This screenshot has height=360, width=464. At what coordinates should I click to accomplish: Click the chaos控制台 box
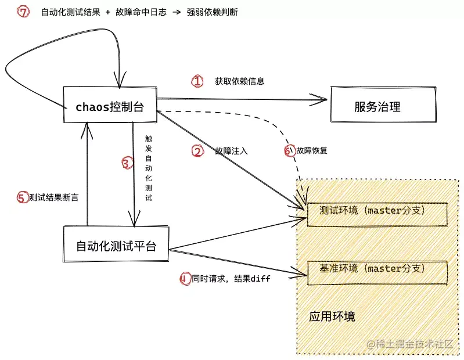coord(109,106)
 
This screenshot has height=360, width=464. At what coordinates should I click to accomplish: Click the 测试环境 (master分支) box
coord(376,213)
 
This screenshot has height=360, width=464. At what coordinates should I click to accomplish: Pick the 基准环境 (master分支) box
coord(376,269)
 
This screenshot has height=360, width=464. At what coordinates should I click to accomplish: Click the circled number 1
coord(197,81)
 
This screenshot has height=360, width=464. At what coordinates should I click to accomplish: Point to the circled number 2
coord(197,151)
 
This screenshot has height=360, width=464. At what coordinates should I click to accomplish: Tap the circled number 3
coord(127,164)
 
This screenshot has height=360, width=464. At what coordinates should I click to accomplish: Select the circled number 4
coord(185,279)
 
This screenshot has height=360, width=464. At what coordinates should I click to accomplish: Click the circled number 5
coord(22,197)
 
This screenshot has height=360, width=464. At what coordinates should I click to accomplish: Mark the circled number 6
coord(289,151)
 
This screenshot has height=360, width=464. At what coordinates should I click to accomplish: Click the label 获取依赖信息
coord(239,81)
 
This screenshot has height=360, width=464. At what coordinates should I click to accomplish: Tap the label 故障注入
coord(231,151)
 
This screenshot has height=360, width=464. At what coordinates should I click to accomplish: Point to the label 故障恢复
coord(312,151)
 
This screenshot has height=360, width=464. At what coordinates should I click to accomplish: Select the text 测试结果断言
coord(54,197)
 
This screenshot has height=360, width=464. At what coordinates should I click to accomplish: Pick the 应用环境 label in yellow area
coord(332,317)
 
